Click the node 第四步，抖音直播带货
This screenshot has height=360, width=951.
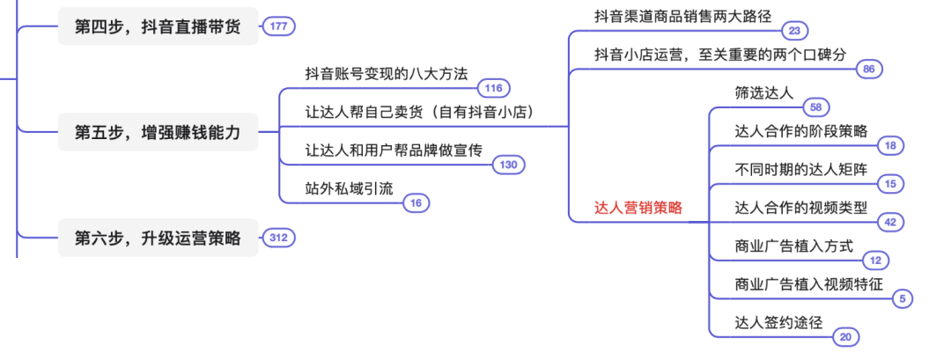(158, 27)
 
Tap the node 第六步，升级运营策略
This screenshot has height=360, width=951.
(158, 238)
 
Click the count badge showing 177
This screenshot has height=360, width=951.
(278, 27)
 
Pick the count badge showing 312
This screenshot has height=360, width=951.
(278, 237)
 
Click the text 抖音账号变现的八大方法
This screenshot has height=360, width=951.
(386, 74)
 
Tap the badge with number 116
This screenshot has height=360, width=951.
(493, 88)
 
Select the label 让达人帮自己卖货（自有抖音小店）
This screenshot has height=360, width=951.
(419, 112)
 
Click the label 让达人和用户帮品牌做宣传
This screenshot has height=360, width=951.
(394, 151)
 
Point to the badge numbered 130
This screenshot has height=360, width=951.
(508, 165)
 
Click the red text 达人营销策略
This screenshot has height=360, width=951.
(638, 208)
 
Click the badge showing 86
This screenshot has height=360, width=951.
(868, 69)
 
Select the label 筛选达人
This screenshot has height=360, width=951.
(763, 92)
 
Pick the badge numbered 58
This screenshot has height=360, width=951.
(815, 107)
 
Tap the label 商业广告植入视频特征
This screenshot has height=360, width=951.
(808, 283)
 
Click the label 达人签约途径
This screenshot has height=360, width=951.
(778, 322)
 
